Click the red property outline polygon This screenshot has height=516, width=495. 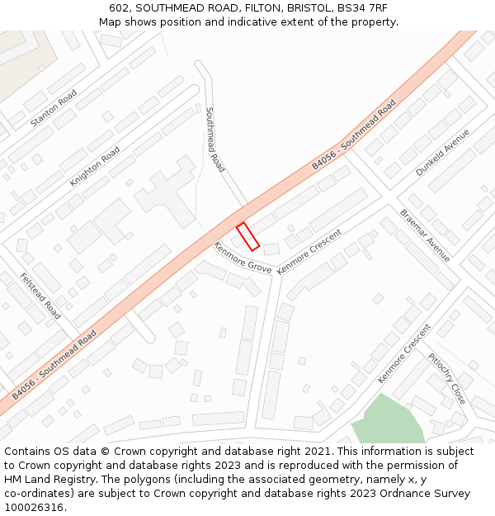[x=248, y=236]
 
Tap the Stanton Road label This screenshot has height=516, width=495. [x=54, y=108]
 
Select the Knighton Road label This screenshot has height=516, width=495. [x=95, y=166]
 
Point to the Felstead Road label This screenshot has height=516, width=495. [x=40, y=296]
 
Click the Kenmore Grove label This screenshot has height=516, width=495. [x=243, y=258]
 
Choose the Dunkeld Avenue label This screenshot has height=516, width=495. [x=442, y=152]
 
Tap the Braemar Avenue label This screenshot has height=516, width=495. [x=425, y=235]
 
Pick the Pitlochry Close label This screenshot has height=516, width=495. [x=446, y=378]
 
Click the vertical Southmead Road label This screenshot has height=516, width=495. [x=214, y=140]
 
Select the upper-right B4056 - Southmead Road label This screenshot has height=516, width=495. [x=354, y=135]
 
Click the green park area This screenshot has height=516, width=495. [x=387, y=421]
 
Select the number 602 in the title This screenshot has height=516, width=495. [x=120, y=8]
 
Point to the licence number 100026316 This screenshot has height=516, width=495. [x=34, y=508]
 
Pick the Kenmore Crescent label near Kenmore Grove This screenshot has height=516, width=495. [x=309, y=252]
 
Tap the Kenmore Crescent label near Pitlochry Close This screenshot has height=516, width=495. [x=404, y=353]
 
